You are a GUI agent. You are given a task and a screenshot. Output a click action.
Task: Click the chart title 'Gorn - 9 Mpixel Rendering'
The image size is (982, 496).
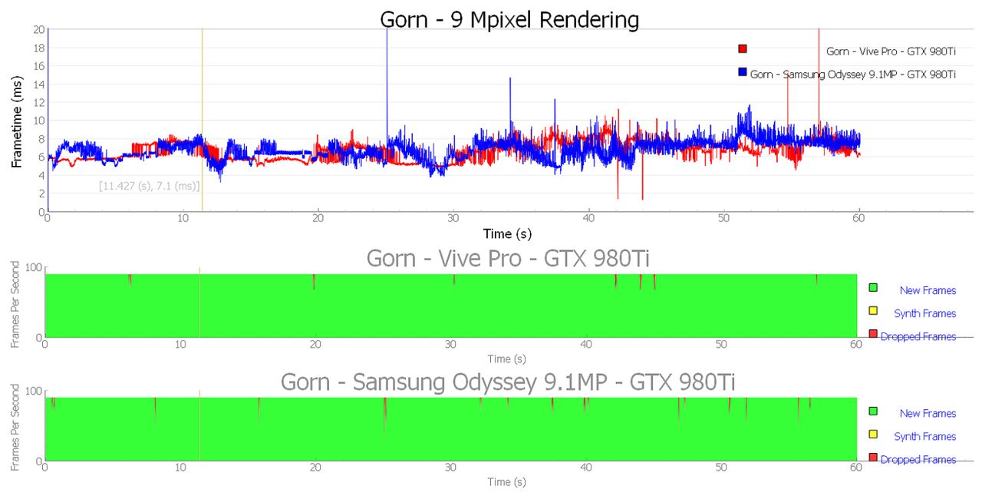pyautogui.click(x=509, y=20)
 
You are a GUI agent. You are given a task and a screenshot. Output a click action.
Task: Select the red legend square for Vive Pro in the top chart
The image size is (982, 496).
pyautogui.click(x=742, y=48)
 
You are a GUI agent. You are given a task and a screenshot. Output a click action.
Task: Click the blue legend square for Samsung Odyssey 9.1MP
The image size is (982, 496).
pyautogui.click(x=742, y=71)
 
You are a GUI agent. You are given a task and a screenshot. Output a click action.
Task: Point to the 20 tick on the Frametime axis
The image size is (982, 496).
pyautogui.click(x=39, y=29)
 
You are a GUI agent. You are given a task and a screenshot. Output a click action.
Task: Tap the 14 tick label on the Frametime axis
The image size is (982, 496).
pyautogui.click(x=39, y=84)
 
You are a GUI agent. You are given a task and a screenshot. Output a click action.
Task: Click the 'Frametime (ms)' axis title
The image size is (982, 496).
pyautogui.click(x=17, y=121)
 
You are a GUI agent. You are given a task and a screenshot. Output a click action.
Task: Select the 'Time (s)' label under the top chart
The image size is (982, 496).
pyautogui.click(x=507, y=233)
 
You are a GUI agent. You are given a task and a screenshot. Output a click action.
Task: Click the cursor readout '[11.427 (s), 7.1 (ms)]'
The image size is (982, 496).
pyautogui.click(x=150, y=186)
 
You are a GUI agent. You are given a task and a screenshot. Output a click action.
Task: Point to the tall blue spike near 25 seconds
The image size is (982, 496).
pyautogui.click(x=387, y=88)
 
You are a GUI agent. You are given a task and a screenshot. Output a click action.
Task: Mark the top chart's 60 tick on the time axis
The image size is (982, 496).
pyautogui.click(x=858, y=218)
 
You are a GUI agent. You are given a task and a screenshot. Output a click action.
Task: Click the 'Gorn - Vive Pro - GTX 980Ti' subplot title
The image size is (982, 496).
pyautogui.click(x=508, y=258)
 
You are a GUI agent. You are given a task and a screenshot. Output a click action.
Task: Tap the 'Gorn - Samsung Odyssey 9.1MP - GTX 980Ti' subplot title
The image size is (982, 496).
pyautogui.click(x=508, y=382)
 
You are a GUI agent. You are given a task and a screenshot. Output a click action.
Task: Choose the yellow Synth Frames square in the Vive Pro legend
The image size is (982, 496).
pyautogui.click(x=873, y=311)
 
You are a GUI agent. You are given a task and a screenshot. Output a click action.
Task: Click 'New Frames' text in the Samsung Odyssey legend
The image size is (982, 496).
pyautogui.click(x=928, y=414)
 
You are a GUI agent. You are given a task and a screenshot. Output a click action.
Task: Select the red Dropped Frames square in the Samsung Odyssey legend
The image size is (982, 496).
pyautogui.click(x=873, y=458)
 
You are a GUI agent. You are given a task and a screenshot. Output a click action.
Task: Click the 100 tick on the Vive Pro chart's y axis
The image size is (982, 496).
pyautogui.click(x=34, y=267)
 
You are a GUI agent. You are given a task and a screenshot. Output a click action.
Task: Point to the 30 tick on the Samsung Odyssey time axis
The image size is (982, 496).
pyautogui.click(x=450, y=467)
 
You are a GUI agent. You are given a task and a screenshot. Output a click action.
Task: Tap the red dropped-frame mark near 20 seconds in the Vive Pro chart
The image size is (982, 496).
pyautogui.click(x=314, y=281)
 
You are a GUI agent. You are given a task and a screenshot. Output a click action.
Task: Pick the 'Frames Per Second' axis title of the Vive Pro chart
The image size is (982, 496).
pyautogui.click(x=15, y=304)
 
